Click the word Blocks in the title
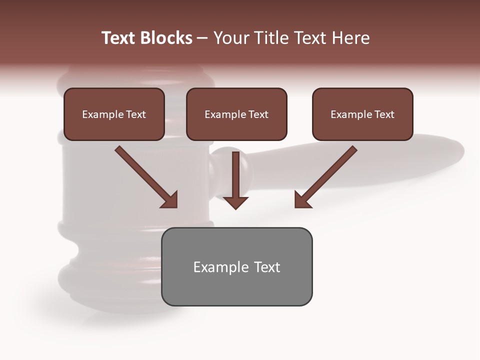(x=167, y=38)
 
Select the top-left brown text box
(x=114, y=114)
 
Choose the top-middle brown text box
(x=236, y=114)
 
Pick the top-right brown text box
(x=362, y=114)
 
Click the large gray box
(x=236, y=266)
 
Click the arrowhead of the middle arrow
(x=235, y=202)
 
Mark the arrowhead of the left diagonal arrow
(x=170, y=200)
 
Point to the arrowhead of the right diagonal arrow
(x=302, y=200)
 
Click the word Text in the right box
(x=384, y=114)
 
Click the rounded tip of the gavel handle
(x=457, y=149)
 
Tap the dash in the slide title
(x=202, y=38)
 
